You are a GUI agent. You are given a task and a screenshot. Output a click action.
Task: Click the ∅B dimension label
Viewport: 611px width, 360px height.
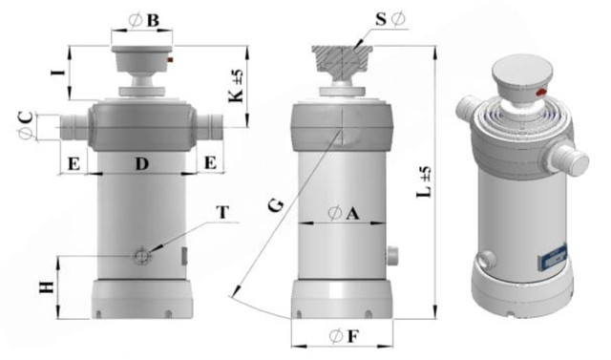point(144,21)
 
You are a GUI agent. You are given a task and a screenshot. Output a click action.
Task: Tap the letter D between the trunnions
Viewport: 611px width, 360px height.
point(142,164)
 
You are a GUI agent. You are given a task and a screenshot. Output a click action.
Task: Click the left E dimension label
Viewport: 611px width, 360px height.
point(74,164)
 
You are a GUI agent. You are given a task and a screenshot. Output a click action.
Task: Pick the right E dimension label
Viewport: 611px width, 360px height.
point(210,162)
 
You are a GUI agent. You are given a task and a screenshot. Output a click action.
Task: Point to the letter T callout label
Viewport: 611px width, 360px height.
point(222,213)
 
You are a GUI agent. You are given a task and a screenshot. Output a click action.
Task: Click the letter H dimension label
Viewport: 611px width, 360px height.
point(47,287)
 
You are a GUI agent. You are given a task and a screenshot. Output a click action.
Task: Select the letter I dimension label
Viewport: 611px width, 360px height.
point(57,73)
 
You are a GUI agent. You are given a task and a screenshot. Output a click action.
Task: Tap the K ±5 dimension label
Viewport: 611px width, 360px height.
point(236,87)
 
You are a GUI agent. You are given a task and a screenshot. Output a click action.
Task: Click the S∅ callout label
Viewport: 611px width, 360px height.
point(390,19)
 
